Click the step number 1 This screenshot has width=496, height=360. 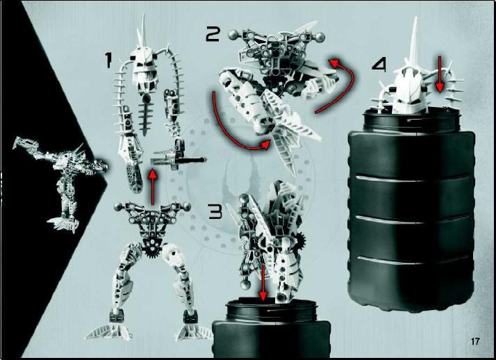coord(109,60)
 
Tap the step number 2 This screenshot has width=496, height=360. coord(213,35)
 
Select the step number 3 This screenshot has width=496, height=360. coord(216,211)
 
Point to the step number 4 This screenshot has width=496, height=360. coord(379,65)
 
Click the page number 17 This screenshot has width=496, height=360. coord(474,342)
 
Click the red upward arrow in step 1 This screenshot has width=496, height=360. coord(153,187)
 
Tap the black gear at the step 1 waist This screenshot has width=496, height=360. coord(152,252)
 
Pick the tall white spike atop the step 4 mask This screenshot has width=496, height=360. coord(413,41)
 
